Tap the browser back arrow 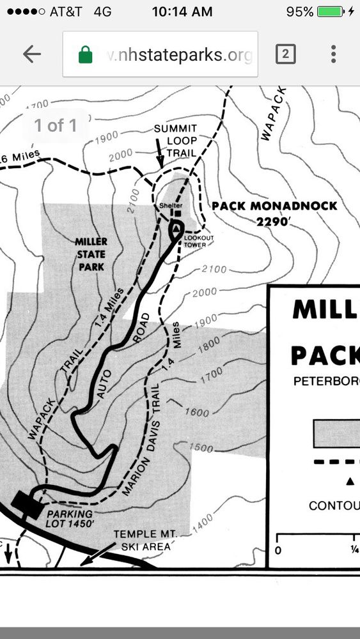tap(31, 54)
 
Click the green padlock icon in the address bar tap(85, 55)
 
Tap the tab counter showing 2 tap(285, 54)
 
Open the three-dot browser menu tap(333, 54)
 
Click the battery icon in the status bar tap(331, 12)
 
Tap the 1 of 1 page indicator tap(56, 125)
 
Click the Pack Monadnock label tap(274, 206)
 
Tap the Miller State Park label tap(91, 254)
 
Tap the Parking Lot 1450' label tap(68, 518)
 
